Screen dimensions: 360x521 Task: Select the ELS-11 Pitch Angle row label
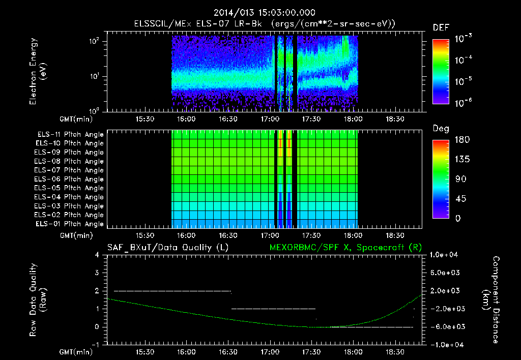[69, 134]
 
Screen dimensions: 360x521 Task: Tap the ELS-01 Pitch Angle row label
[69, 224]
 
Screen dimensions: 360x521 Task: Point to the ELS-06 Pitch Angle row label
[69, 179]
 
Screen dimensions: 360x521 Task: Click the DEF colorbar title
[441, 28]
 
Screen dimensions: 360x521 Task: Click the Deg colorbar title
[441, 129]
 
